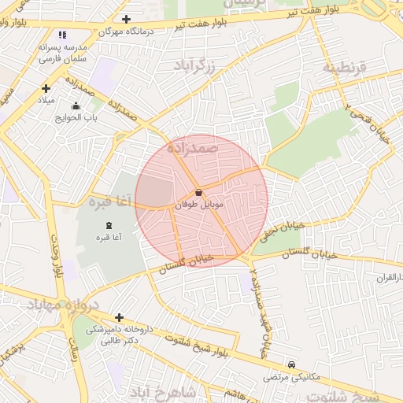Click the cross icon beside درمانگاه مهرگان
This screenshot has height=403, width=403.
[x=127, y=19]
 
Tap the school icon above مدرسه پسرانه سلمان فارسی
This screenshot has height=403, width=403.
[x=63, y=35]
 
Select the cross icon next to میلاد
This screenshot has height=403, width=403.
[x=46, y=88]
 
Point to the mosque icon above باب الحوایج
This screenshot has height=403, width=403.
[x=76, y=106]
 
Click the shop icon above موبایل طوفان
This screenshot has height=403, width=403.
[x=198, y=193]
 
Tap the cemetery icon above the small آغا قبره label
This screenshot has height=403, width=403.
[x=108, y=227]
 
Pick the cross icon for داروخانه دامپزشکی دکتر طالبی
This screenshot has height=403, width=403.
[x=119, y=317]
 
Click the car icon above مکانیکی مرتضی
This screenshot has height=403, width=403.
[x=292, y=364]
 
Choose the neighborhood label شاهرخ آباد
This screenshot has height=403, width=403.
[x=161, y=391]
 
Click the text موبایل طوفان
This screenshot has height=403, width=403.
[x=201, y=204]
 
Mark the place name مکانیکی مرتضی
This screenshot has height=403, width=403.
[x=294, y=376]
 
